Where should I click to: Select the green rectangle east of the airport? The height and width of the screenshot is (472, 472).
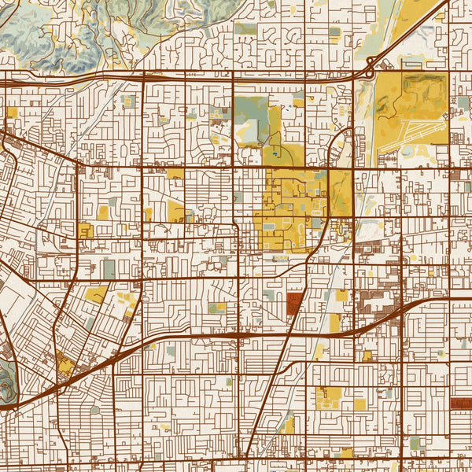(x=456, y=118)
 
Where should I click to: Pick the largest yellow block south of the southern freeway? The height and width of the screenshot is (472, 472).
(x=329, y=397)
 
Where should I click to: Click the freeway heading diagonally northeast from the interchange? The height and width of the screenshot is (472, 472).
(x=409, y=31)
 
